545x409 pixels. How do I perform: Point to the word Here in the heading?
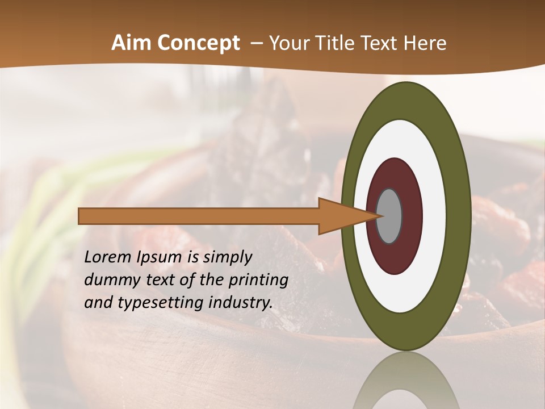tap(426, 43)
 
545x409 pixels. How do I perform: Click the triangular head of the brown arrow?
tap(341, 216)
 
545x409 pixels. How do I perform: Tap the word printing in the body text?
tap(258, 280)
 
